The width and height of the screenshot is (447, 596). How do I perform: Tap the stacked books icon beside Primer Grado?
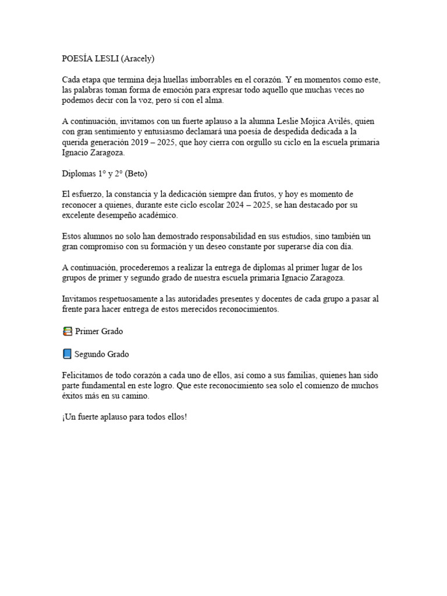point(67,331)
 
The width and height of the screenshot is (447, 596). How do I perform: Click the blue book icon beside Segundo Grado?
point(67,354)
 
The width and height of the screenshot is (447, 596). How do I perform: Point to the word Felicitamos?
point(84,375)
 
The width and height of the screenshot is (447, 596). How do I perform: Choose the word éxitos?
point(74,396)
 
